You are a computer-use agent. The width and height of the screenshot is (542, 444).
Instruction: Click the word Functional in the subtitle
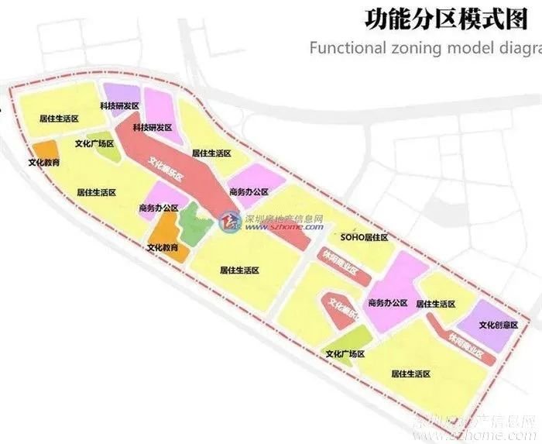tap(348, 48)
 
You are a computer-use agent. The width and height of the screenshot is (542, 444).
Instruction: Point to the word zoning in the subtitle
tap(419, 48)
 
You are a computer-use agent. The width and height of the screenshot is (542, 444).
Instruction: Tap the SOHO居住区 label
tap(363, 235)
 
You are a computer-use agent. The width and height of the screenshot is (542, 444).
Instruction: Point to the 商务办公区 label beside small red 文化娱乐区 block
tap(388, 301)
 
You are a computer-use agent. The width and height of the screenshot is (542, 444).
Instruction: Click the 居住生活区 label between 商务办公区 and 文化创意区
tap(435, 304)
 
